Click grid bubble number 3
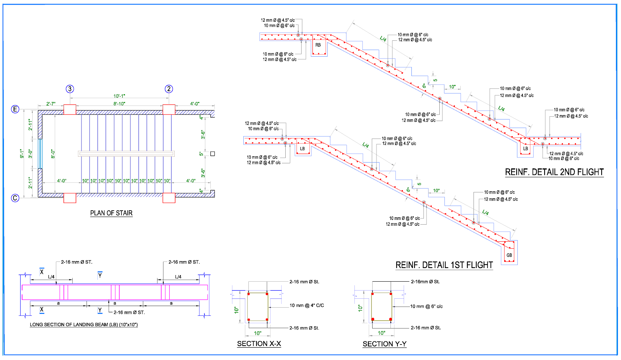pos(70,89)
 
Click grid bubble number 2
pos(168,89)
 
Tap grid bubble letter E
pos(15,109)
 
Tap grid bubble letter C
pos(15,198)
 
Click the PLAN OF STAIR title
pos(111,213)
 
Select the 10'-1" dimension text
pos(119,96)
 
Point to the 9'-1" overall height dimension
pos(22,154)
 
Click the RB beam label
pos(318,45)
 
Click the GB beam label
pos(509,255)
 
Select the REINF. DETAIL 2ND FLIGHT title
pos(554,172)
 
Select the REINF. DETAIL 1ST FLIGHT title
pos(444,265)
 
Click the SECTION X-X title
pos(259,344)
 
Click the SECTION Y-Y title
pos(384,344)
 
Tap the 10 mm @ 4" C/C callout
pos(307,305)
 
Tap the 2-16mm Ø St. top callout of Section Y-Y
pos(425,282)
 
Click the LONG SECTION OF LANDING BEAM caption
pos(84,325)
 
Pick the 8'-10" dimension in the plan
pos(119,104)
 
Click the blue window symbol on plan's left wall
pos(40,154)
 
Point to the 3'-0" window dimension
pos(30,154)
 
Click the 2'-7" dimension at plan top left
pos(51,104)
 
